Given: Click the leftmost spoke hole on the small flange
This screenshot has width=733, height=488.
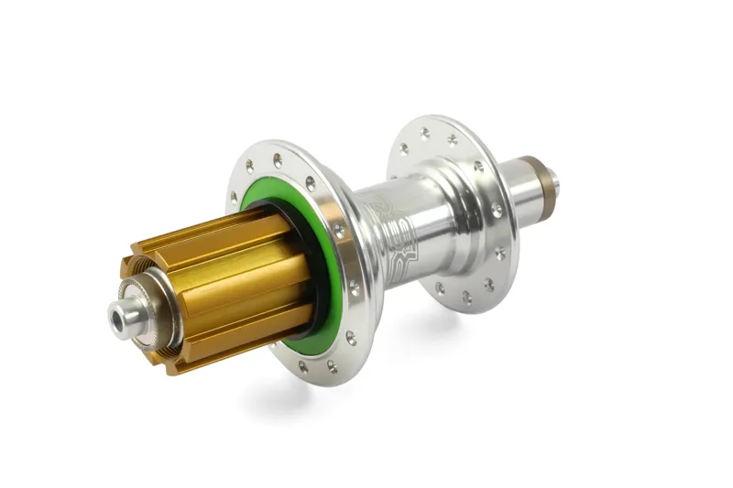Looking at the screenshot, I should click(404, 146).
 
